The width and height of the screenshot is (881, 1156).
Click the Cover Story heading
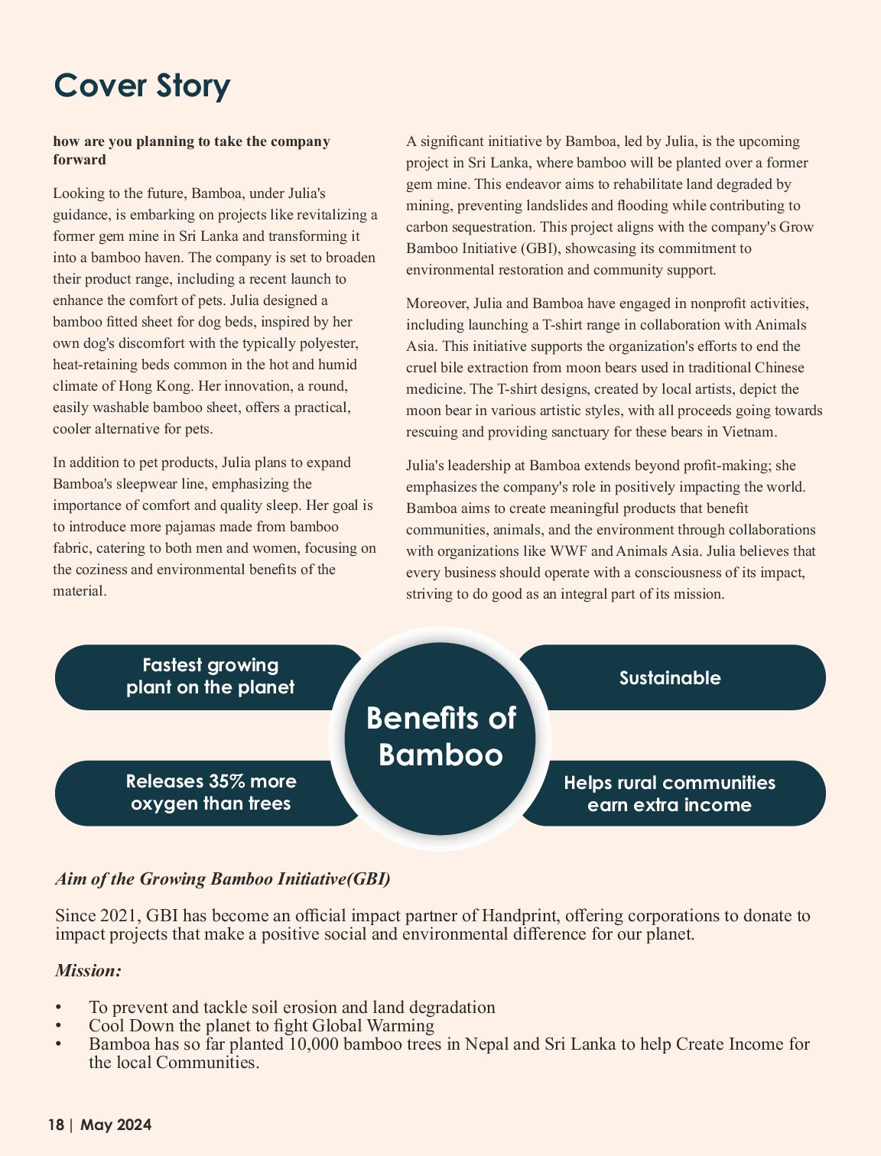coord(141,85)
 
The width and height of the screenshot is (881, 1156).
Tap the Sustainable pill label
coord(670,678)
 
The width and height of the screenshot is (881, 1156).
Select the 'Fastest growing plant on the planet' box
coord(210,677)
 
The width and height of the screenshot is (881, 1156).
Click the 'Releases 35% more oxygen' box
coord(210,793)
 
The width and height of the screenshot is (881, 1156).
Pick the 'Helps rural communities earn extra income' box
coord(670,794)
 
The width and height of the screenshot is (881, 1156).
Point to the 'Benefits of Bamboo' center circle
coord(440,737)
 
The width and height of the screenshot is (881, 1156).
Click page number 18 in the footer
coord(56,1125)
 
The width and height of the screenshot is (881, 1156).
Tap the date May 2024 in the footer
coord(116,1125)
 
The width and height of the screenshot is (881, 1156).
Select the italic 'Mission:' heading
coord(88,970)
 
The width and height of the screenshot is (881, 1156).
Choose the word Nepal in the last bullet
coord(486,1044)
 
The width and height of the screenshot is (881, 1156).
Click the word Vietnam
coord(749,432)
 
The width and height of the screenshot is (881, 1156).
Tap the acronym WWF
coord(569,551)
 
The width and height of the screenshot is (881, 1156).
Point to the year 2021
coord(121,915)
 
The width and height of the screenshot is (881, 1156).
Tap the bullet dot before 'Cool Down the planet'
coord(58,1026)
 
